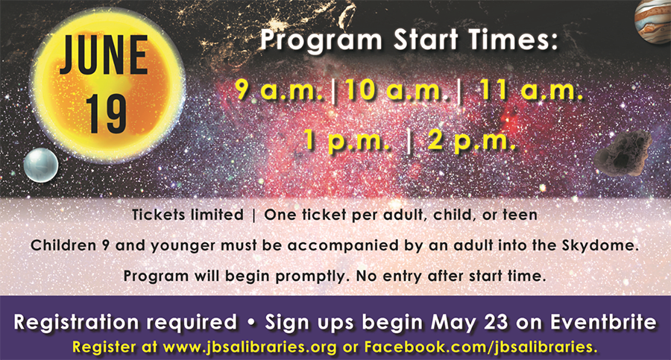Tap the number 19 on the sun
[106, 114]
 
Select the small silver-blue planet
[41, 165]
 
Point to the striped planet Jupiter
[653, 21]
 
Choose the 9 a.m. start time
[279, 90]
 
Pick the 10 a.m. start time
[397, 90]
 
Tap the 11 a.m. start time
[531, 90]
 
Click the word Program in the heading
[321, 40]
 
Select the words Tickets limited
[188, 215]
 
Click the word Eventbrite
[603, 322]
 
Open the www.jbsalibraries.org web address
[250, 347]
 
